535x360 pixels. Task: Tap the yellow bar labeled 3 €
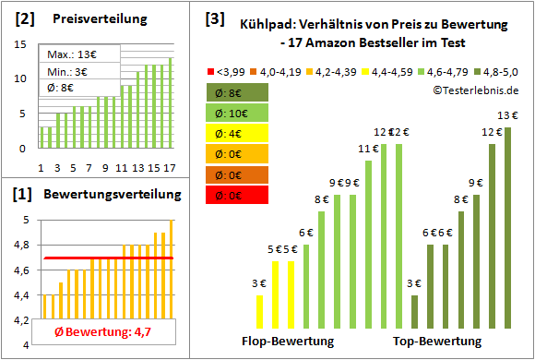coord(259,314)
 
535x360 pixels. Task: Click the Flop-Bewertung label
coord(288,342)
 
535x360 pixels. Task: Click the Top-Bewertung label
coord(437,342)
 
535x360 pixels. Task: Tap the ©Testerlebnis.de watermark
coord(474,89)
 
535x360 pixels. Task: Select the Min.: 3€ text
coord(70,72)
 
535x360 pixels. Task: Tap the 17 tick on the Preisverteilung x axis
coord(168,167)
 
